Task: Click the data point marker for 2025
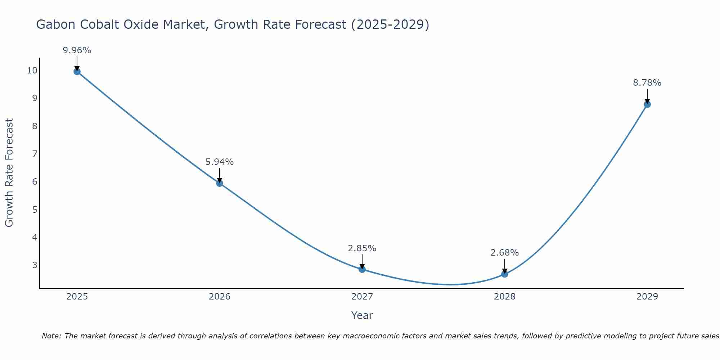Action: pos(77,71)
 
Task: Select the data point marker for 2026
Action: pos(219,183)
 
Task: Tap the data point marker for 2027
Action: pos(362,269)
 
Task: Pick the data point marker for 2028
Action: pos(504,274)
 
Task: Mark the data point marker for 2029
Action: pos(647,104)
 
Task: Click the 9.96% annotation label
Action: pos(77,50)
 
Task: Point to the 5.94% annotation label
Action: pos(219,162)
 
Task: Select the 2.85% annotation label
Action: pos(362,248)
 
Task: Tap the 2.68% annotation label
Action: pos(504,253)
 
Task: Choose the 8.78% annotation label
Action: pos(647,83)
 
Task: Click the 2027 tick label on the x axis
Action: pos(362,297)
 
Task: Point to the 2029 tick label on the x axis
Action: pos(647,297)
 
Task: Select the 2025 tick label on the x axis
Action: pos(77,297)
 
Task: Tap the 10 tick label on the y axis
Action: pos(32,70)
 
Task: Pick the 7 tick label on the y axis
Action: pos(35,154)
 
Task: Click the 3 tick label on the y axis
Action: pos(35,265)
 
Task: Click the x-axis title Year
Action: pos(362,315)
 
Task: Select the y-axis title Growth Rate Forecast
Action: pos(9,172)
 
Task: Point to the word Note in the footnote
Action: pos(51,336)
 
